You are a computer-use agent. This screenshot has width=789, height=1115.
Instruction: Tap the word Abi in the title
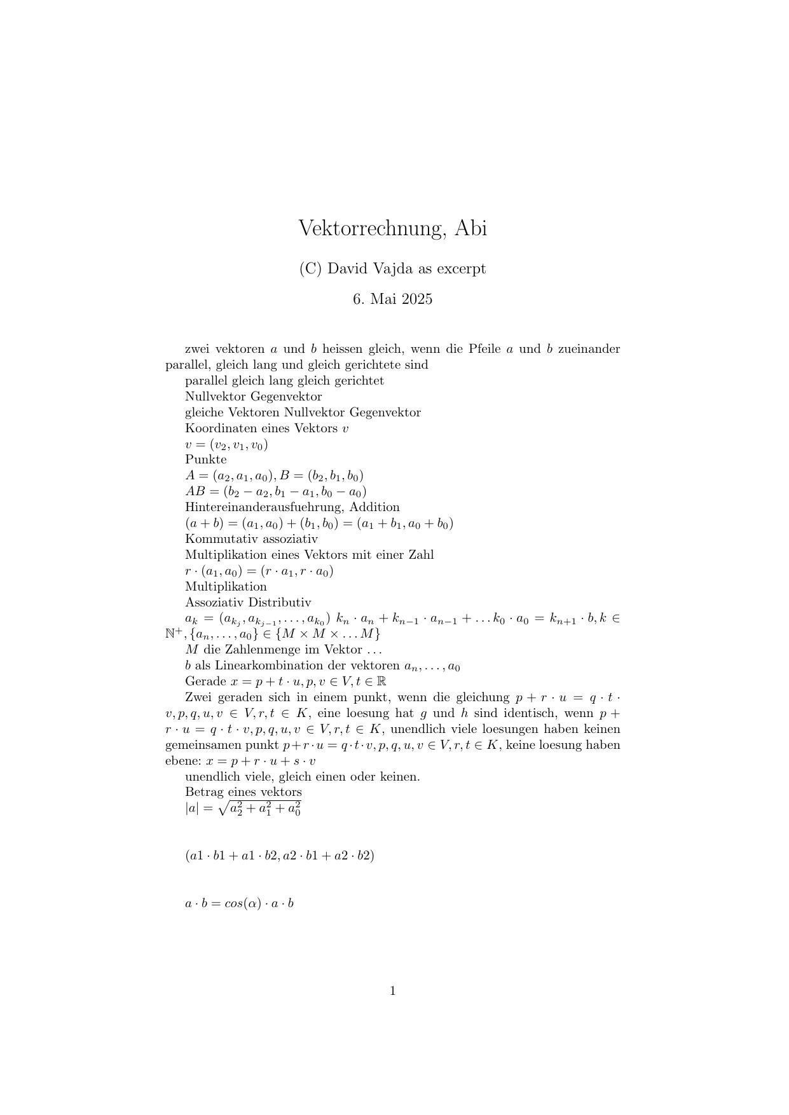point(471,228)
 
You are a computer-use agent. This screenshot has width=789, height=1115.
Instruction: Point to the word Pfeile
point(483,349)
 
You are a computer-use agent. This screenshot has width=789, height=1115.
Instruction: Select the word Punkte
point(205,460)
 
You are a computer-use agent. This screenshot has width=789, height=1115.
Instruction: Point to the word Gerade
point(205,681)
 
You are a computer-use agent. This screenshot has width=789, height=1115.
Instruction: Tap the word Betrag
point(204,792)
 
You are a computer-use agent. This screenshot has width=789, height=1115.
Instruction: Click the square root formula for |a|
point(244,809)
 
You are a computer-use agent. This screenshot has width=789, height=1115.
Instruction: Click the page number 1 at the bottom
point(393,990)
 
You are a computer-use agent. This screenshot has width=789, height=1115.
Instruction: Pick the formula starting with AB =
point(275,491)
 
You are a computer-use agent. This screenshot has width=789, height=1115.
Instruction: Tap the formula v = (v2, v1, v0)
point(226,444)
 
